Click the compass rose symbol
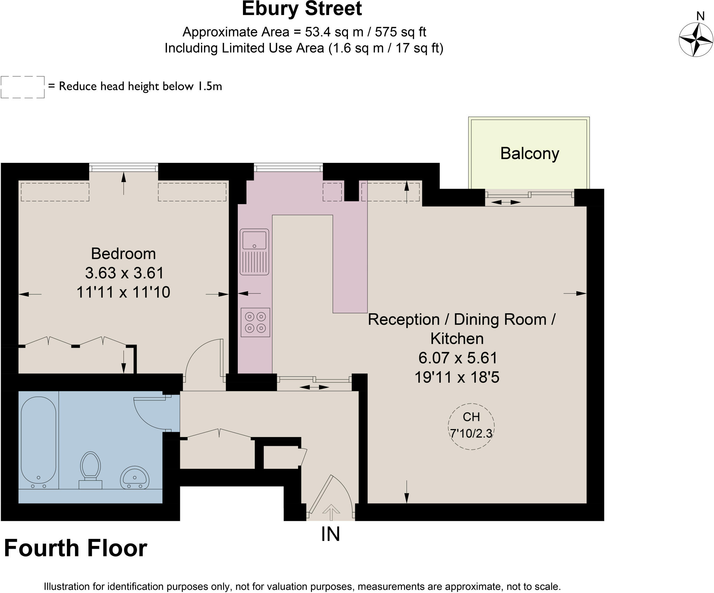696,39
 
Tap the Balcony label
529,153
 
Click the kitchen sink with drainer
254,252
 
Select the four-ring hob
255,322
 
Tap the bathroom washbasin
135,478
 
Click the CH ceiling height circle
471,426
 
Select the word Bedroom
123,254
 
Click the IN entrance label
330,534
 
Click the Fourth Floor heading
76,548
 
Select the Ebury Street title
302,9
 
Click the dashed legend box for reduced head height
23,87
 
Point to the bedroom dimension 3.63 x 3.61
124,273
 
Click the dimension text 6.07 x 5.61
458,358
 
